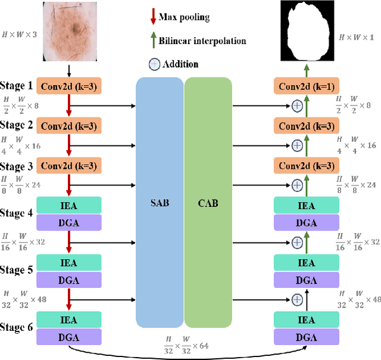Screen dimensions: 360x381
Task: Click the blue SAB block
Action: click(x=160, y=203)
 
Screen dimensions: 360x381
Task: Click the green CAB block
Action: click(x=208, y=203)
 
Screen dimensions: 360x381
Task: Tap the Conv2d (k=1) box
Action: click(x=307, y=87)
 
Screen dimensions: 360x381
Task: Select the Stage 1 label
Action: click(x=17, y=86)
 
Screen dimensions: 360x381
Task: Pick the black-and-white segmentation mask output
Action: click(x=307, y=32)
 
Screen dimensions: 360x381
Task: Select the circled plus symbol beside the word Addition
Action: click(x=154, y=64)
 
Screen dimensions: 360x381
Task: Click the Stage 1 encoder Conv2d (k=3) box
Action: click(x=69, y=87)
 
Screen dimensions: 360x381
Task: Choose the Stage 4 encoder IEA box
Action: click(x=69, y=206)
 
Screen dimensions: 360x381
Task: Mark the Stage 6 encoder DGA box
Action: click(x=69, y=337)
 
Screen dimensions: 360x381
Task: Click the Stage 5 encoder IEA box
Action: click(x=69, y=263)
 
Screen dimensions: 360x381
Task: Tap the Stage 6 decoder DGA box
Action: click(x=307, y=337)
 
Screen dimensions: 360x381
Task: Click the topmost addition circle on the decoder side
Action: click(x=297, y=106)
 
